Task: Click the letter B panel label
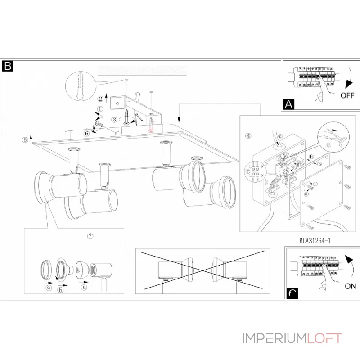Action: tap(8, 66)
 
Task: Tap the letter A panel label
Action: tap(288, 104)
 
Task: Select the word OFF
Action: tap(347, 95)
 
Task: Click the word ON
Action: tap(350, 286)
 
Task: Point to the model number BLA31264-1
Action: tap(315, 241)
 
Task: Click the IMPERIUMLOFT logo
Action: tap(292, 338)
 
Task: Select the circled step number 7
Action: tap(90, 236)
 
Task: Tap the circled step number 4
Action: tap(248, 136)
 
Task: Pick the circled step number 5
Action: tap(25, 140)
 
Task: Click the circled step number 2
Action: tap(100, 99)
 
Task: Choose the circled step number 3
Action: tap(115, 119)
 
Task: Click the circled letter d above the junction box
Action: tap(280, 136)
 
